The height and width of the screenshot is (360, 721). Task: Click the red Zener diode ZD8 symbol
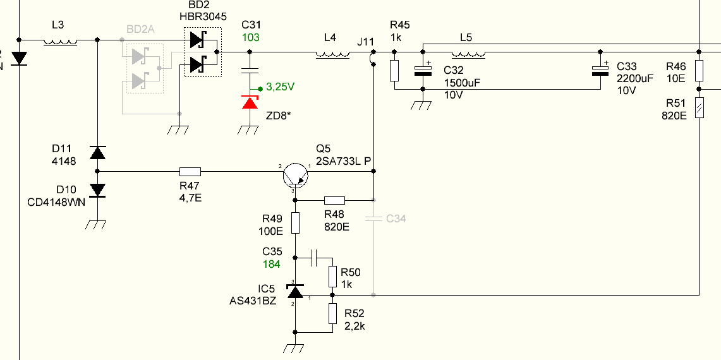coord(250,102)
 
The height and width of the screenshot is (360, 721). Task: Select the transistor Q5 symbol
coord(294,175)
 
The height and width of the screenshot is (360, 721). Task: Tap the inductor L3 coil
coord(60,42)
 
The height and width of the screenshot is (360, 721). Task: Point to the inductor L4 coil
coord(332,55)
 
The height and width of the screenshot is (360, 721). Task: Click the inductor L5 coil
coord(469,55)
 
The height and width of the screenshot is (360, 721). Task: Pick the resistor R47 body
coord(190,172)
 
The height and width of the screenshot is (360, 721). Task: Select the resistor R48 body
coord(334,200)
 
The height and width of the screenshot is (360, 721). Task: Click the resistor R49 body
coord(295,223)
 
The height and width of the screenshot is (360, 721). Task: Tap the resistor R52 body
coord(332,313)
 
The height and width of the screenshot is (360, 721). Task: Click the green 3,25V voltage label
coord(280,87)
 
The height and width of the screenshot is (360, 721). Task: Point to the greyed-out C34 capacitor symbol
coord(373,219)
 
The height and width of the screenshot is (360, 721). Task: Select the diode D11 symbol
coord(97,152)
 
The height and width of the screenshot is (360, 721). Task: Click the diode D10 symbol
coord(97,190)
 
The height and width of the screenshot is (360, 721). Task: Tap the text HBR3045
coord(203,16)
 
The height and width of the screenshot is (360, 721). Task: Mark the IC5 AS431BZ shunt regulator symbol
coord(295,291)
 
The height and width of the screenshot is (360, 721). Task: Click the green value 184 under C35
coord(271,264)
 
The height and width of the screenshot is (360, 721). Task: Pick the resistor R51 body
coord(699,107)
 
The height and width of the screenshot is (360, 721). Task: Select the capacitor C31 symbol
coord(250,71)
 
